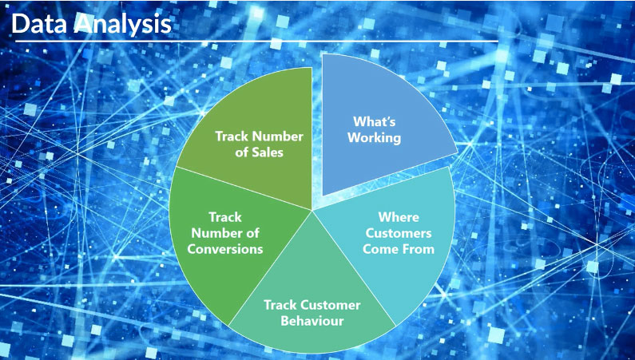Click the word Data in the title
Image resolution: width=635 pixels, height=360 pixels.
pos(39,23)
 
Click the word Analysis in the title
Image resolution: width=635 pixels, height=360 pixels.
pos(123,24)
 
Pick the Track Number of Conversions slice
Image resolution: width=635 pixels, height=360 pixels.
pos(227,239)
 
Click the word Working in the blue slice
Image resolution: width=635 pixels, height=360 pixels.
pos(374,137)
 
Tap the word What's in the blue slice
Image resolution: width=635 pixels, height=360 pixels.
pos(374,121)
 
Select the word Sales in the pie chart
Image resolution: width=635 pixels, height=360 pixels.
pos(268,152)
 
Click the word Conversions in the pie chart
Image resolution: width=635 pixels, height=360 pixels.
pos(225,249)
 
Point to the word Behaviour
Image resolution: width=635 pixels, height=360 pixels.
pos(312,321)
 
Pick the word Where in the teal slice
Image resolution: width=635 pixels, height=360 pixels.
pos(399,217)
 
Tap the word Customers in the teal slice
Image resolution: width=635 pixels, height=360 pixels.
pos(399,233)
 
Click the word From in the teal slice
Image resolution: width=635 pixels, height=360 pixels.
pos(419,249)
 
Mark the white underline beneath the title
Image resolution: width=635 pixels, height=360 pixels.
pos(256,42)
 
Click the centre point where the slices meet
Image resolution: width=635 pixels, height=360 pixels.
pos(312,210)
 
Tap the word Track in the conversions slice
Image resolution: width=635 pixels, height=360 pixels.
pos(225,217)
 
